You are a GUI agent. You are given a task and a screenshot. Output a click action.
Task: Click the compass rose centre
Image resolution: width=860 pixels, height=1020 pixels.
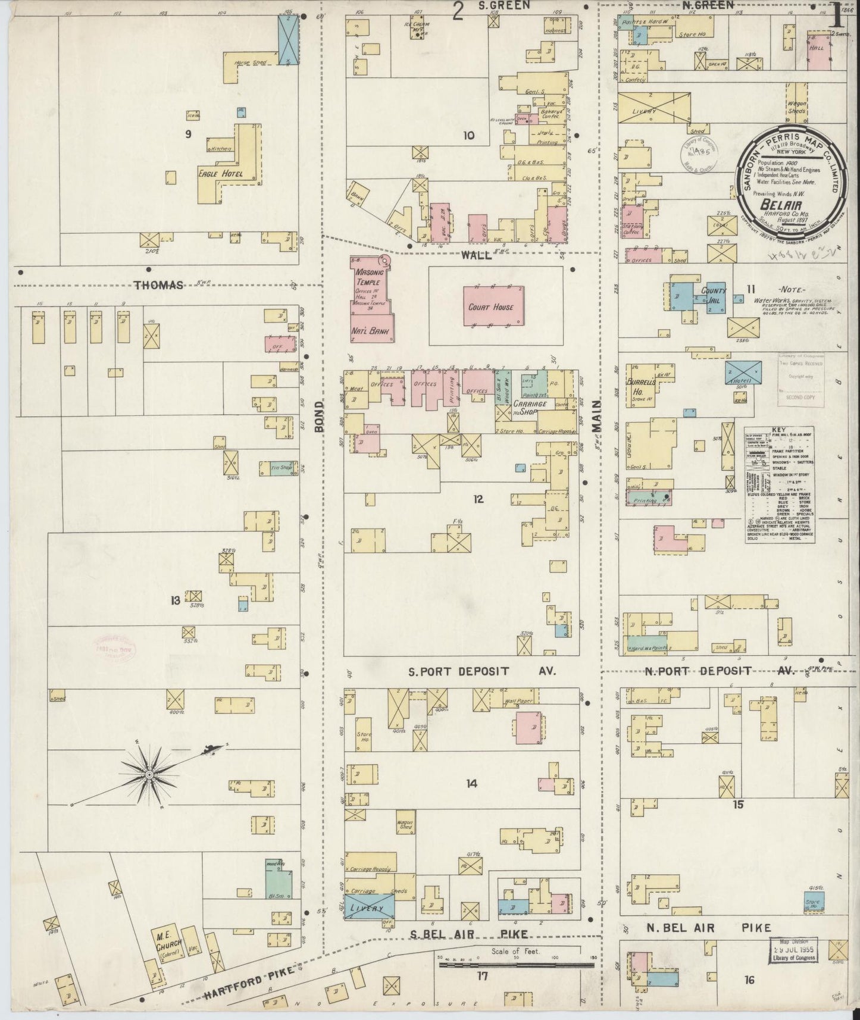pos(149,775)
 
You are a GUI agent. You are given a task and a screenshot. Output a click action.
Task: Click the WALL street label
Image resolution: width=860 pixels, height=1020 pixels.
pos(476,255)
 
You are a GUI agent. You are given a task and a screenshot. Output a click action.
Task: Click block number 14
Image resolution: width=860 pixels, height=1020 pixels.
pos(471,784)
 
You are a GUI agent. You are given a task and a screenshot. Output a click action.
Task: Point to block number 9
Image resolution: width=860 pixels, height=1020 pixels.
pos(188,134)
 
